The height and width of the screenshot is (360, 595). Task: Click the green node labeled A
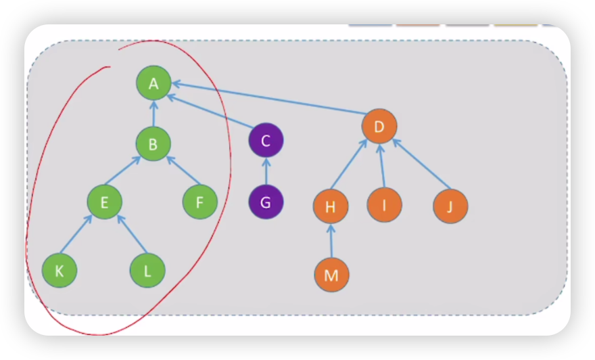(153, 83)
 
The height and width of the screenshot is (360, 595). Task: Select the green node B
(153, 143)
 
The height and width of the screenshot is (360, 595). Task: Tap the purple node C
(266, 141)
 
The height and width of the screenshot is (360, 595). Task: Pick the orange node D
(379, 126)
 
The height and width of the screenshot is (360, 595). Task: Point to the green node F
(200, 202)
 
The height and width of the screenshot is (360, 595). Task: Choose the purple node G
(266, 202)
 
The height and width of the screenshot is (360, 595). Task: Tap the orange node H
(331, 206)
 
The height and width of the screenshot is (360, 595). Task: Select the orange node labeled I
(384, 204)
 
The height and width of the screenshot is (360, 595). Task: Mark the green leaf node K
(59, 271)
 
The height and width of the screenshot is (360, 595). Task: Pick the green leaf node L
(147, 271)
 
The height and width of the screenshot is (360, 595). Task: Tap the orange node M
(331, 275)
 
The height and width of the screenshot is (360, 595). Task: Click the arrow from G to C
(266, 172)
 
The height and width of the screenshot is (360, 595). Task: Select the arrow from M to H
(331, 240)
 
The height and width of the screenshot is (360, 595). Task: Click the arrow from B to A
(153, 114)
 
